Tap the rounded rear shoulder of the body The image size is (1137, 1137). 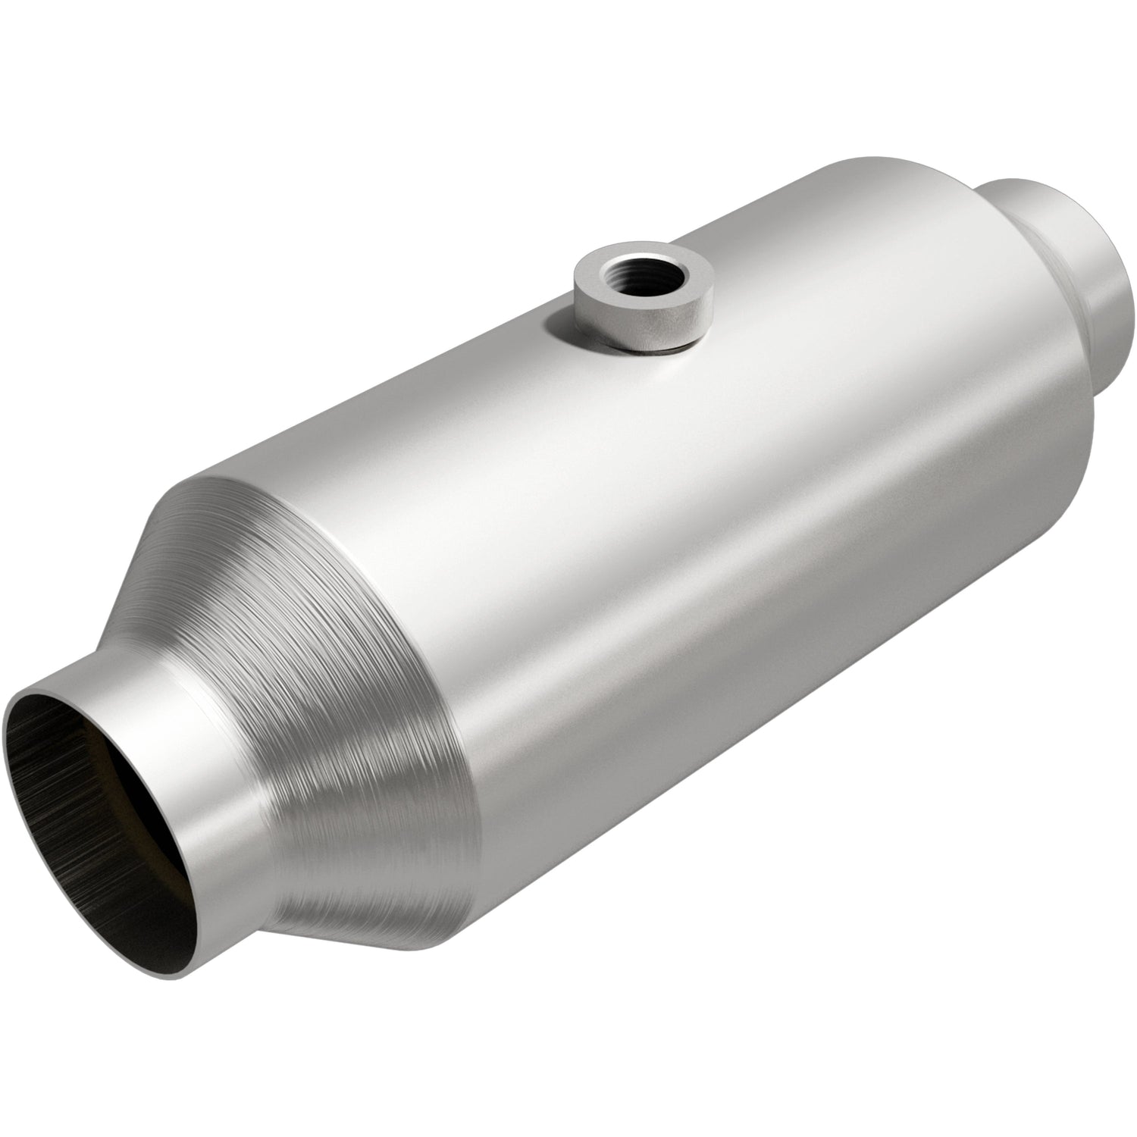(x=1061, y=394)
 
